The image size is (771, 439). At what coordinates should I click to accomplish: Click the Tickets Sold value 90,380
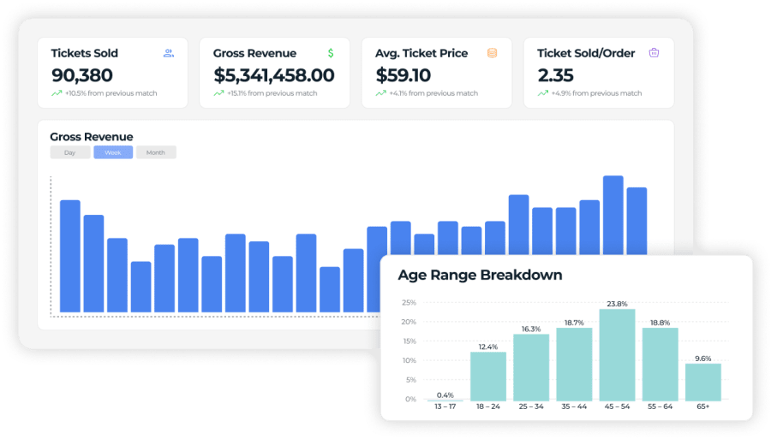pos(82,75)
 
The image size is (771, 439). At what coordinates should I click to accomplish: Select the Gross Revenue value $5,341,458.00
pos(273,75)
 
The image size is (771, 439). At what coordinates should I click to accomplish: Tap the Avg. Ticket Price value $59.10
pos(403,75)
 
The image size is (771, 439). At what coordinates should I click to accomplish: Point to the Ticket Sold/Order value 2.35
pos(555,75)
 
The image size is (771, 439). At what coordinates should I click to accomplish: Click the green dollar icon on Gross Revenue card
pos(331,53)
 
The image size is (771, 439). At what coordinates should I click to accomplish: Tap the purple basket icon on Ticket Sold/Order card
pos(654,53)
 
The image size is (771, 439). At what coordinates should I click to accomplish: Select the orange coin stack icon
pos(492,53)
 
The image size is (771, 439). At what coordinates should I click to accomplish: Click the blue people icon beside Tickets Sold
pos(169,53)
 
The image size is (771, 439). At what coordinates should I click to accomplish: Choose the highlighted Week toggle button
pos(113,152)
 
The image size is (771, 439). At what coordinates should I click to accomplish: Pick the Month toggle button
pos(156,152)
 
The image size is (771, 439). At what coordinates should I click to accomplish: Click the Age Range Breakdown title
pos(480,276)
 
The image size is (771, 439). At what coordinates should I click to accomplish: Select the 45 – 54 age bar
pos(617,355)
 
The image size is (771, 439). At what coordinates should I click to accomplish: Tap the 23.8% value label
pos(617,303)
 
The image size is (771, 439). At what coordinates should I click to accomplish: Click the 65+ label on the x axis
pos(702,407)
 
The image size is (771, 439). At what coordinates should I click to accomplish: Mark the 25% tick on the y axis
pos(409,303)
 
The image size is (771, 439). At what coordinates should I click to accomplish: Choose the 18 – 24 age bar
pos(487,377)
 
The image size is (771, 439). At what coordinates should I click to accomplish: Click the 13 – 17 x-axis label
pos(445,407)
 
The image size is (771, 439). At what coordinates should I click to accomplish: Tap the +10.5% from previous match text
pos(111,93)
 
